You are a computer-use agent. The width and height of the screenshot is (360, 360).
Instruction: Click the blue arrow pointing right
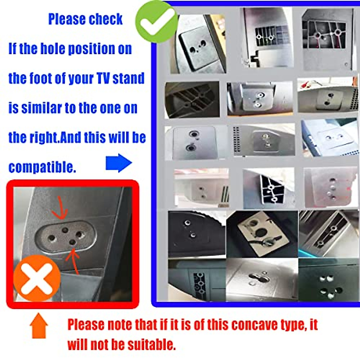point(119,163)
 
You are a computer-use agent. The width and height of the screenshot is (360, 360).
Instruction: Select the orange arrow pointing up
point(39,325)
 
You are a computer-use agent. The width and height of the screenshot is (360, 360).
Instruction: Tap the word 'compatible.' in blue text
point(42,167)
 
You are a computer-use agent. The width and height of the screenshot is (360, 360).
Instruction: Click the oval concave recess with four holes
point(65,236)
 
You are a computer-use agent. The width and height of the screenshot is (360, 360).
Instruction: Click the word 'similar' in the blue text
point(41,108)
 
